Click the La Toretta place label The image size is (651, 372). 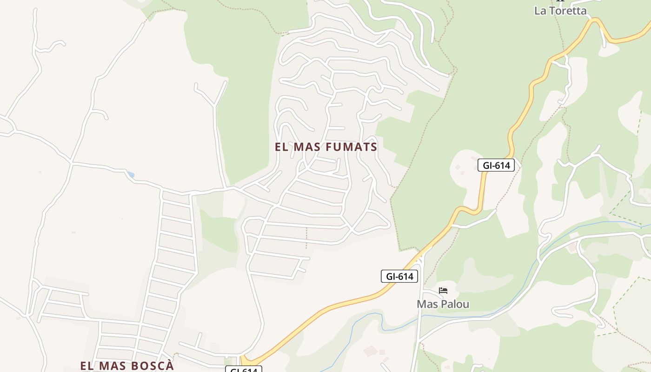[560, 10]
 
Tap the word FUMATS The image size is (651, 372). [352, 147]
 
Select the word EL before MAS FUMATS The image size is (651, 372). [281, 147]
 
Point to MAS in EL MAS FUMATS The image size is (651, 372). [307, 147]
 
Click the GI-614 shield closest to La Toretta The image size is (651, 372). [496, 165]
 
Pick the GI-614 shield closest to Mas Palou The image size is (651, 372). [399, 276]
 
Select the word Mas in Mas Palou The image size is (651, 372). [427, 304]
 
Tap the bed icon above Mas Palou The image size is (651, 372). [443, 291]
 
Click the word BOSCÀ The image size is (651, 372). [150, 365]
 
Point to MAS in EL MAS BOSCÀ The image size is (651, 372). [112, 365]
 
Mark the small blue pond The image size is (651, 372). [131, 175]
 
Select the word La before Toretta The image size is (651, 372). [540, 10]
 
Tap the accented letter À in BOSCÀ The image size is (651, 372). [169, 365]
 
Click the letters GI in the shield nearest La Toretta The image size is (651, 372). [488, 165]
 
